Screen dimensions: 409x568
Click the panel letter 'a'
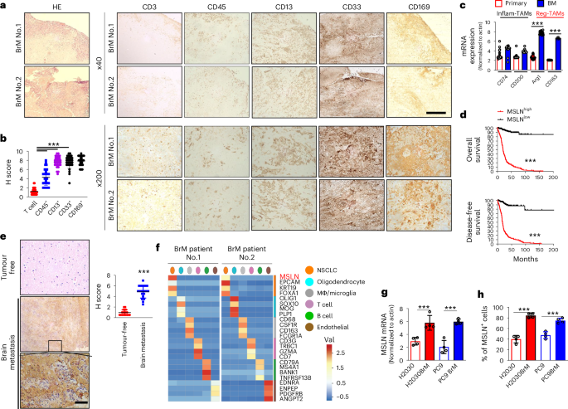(x=4, y=6)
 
